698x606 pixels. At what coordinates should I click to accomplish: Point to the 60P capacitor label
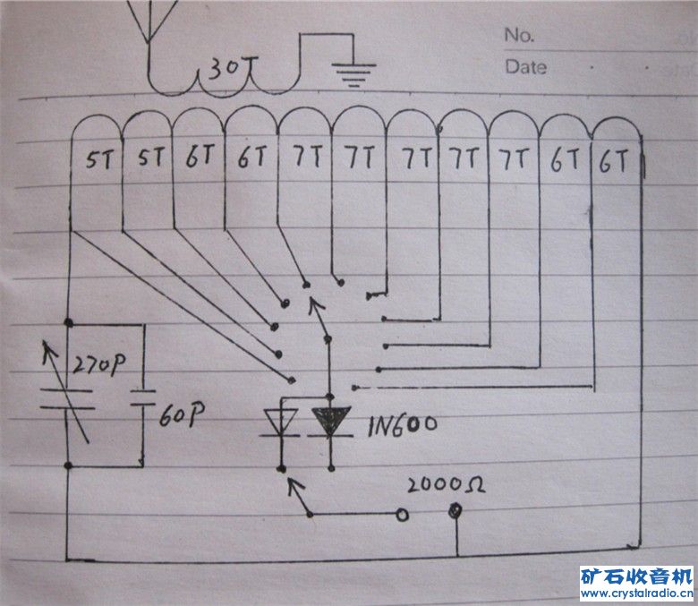click(183, 415)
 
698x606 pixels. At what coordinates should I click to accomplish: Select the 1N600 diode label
click(402, 425)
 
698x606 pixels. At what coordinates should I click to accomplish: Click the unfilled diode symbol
click(280, 422)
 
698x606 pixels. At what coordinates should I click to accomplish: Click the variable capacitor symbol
click(69, 401)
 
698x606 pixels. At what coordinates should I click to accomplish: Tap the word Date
click(525, 66)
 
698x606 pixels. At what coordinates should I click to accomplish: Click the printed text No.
click(519, 35)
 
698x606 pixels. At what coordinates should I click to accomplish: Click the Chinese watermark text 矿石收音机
click(636, 576)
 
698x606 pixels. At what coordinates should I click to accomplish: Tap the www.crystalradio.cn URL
click(636, 593)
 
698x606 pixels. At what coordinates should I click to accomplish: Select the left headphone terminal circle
click(402, 515)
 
